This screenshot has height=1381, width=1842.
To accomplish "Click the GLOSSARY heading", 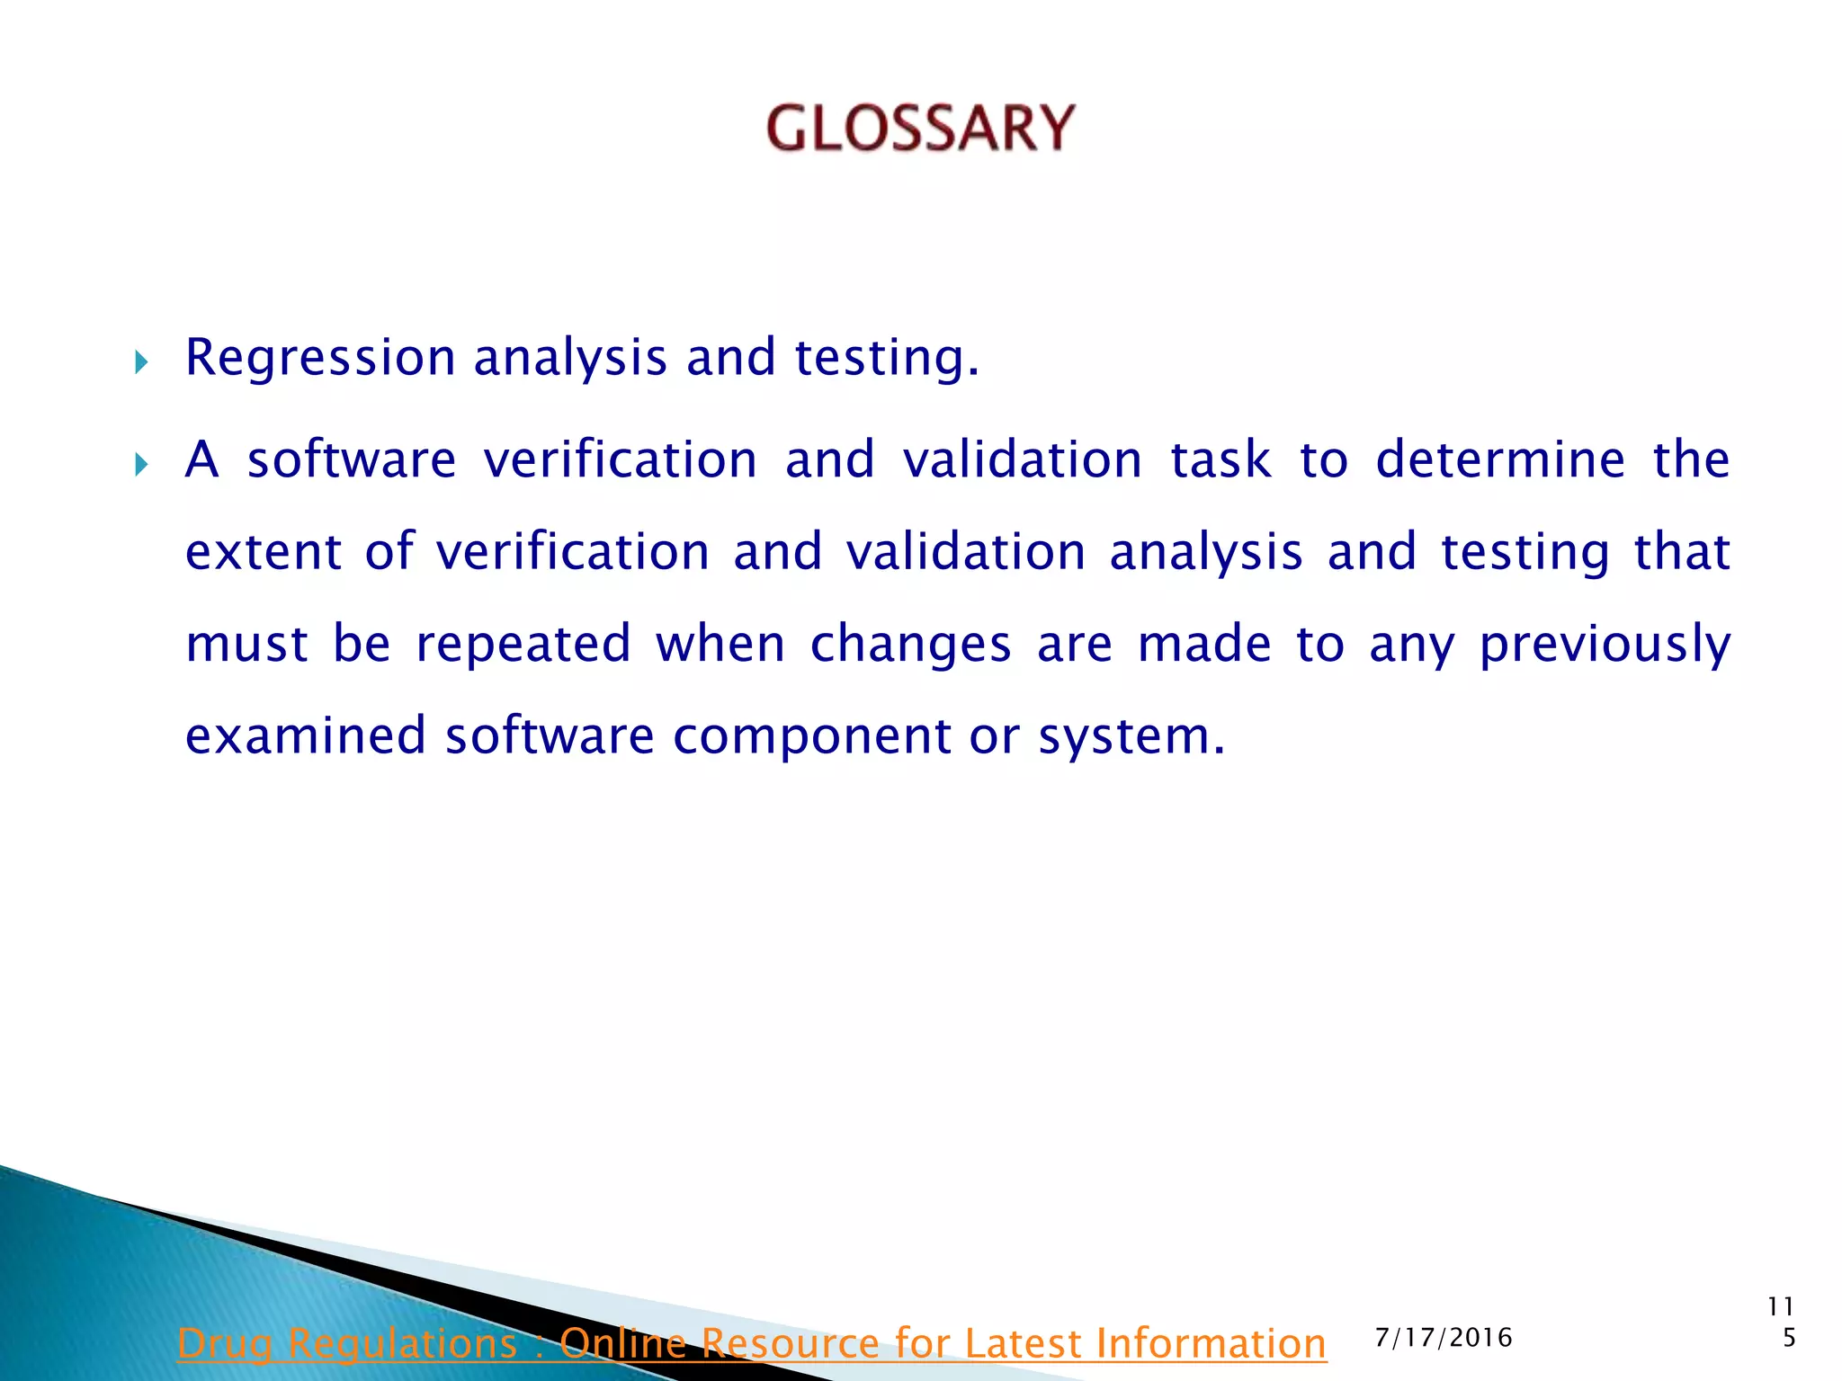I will tap(920, 127).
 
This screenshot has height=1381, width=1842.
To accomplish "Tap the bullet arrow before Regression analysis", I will tap(140, 362).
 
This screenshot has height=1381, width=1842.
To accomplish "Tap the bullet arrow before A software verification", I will tap(140, 464).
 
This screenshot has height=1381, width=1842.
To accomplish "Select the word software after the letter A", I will tap(352, 460).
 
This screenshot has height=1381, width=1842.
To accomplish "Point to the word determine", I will tap(1499, 460).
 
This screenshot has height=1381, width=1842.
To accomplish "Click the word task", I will tap(1220, 460).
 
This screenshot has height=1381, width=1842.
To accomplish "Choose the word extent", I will tap(263, 552).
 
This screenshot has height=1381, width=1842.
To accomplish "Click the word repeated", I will tap(523, 645).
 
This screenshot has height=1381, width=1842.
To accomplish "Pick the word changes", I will tap(910, 645).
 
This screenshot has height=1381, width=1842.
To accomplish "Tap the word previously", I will tap(1604, 645).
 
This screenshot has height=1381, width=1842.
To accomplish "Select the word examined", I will tap(305, 736).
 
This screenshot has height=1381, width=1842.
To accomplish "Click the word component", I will tap(810, 736).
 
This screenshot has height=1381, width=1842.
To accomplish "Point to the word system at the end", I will tap(1130, 736).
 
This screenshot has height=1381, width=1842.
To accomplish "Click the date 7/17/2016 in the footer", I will tap(1444, 1338).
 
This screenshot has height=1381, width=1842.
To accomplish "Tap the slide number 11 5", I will tap(1782, 1322).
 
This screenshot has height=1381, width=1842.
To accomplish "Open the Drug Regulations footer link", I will tap(751, 1343).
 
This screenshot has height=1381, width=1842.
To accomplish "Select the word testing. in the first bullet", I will tap(886, 358).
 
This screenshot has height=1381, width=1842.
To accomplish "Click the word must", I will tap(246, 645).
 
